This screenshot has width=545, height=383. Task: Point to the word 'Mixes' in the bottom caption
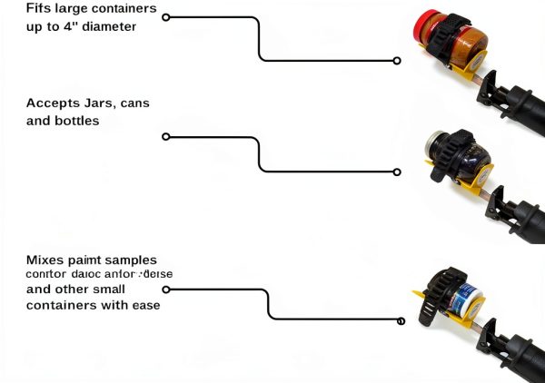(46, 260)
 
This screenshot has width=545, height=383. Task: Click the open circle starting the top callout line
(165, 16)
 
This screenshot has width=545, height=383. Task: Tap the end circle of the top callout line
(397, 61)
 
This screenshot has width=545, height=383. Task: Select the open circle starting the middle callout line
(165, 137)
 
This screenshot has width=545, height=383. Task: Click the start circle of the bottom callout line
(165, 290)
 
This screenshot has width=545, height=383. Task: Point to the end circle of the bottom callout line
(401, 319)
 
